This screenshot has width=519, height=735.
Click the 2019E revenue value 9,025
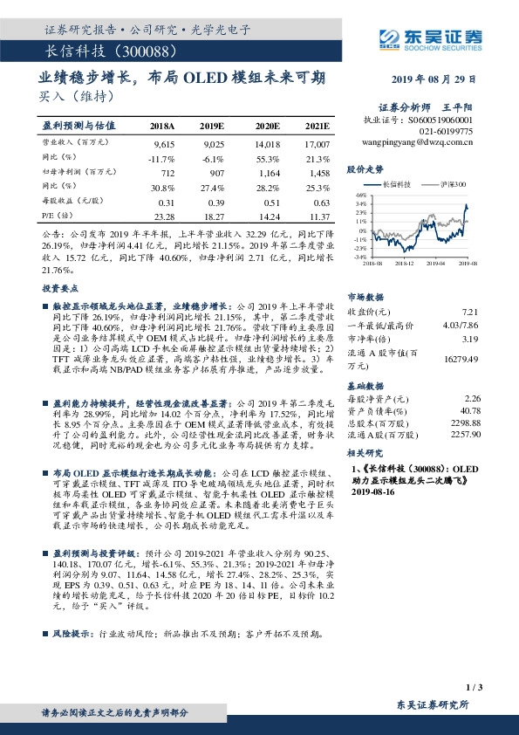(213, 141)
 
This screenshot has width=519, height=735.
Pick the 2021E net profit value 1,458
(318, 173)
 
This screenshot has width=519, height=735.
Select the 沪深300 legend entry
(453, 185)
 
